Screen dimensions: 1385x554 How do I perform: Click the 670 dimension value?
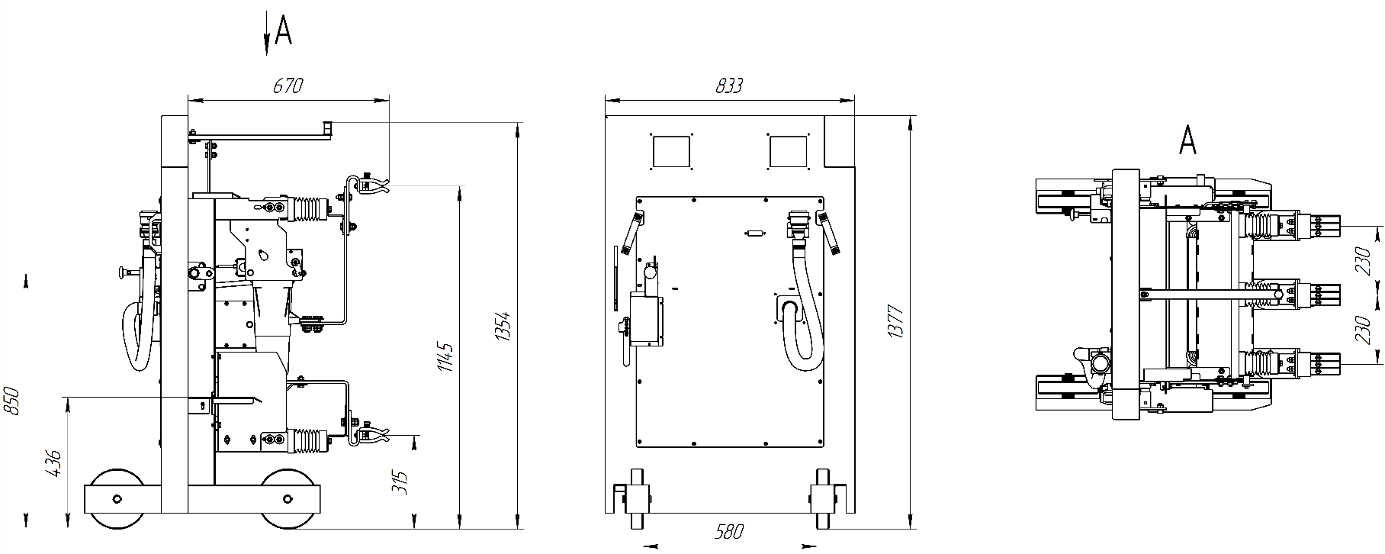tap(288, 85)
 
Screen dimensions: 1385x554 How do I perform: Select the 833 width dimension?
tap(729, 85)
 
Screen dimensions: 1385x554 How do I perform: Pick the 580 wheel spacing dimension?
tap(729, 531)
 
